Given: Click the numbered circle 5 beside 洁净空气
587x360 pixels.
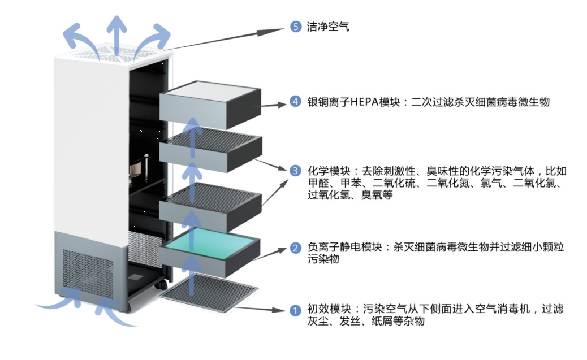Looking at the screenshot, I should point(295,27).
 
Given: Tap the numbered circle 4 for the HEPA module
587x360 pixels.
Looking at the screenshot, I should point(295,102).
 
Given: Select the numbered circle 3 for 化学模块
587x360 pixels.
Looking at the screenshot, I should point(295,170).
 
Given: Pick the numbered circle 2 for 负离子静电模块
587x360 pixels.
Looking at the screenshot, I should point(295,248).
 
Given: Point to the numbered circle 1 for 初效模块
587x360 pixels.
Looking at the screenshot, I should point(295,310).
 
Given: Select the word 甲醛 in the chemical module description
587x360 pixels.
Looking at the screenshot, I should point(317,183).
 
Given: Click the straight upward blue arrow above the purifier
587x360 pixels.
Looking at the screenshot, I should point(117,34).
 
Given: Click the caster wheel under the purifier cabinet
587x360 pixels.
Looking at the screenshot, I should point(128,308).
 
